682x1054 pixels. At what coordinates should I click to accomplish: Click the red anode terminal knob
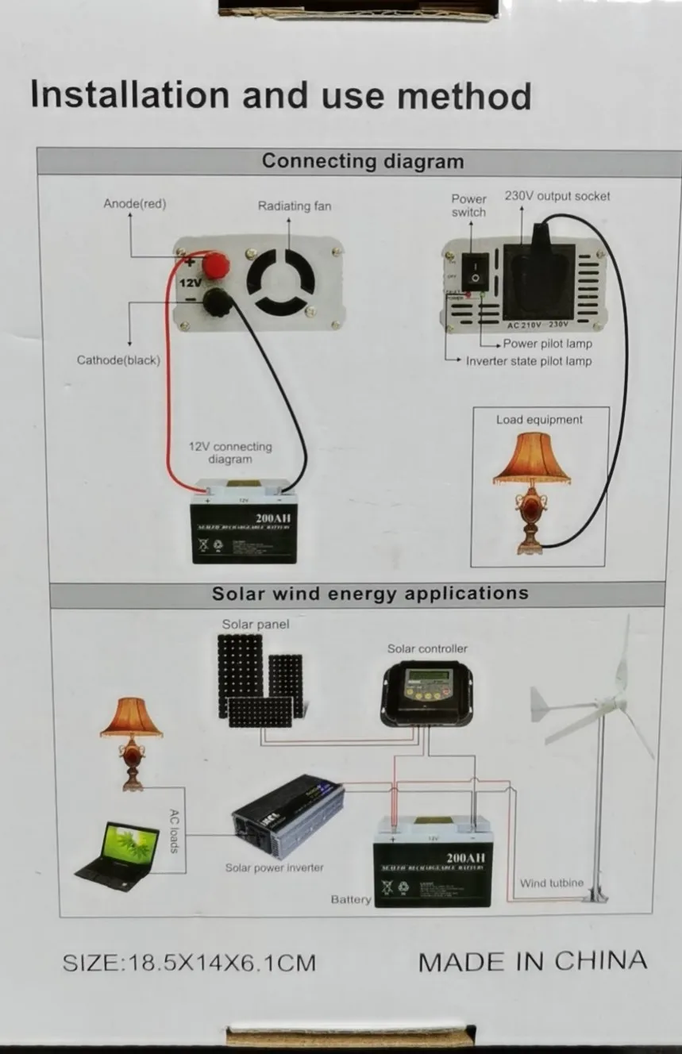pyautogui.click(x=215, y=266)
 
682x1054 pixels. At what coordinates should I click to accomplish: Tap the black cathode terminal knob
pyautogui.click(x=215, y=302)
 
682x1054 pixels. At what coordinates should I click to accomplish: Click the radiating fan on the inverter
pyautogui.click(x=280, y=282)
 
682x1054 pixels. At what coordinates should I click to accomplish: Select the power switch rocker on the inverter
pyautogui.click(x=473, y=269)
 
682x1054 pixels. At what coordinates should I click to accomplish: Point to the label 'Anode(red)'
pyautogui.click(x=135, y=204)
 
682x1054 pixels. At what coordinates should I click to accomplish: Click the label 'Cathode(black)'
pyautogui.click(x=118, y=360)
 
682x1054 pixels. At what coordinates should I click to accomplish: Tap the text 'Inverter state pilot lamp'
pyautogui.click(x=529, y=361)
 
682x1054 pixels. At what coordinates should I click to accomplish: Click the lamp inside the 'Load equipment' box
pyautogui.click(x=531, y=492)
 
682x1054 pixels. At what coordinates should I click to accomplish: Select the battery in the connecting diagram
pyautogui.click(x=245, y=522)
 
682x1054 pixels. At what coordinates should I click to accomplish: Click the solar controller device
pyautogui.click(x=427, y=692)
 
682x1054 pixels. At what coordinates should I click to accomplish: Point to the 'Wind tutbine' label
pyautogui.click(x=552, y=883)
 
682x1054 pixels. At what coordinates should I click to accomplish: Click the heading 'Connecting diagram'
pyautogui.click(x=363, y=161)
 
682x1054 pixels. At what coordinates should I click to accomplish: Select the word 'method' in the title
pyautogui.click(x=464, y=95)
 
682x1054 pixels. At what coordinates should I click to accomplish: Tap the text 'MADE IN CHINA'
pyautogui.click(x=532, y=961)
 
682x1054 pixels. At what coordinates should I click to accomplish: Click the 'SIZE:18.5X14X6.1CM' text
pyautogui.click(x=189, y=963)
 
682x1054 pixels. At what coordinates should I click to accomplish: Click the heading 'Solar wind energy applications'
pyautogui.click(x=370, y=594)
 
